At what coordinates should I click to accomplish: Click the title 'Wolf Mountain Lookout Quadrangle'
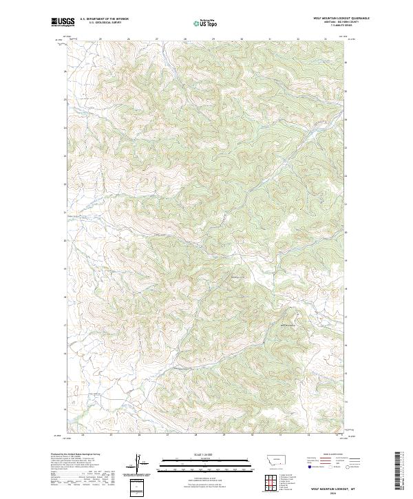[341, 19]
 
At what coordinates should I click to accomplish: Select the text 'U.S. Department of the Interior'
[103, 19]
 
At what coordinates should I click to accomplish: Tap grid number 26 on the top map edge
[128, 39]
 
